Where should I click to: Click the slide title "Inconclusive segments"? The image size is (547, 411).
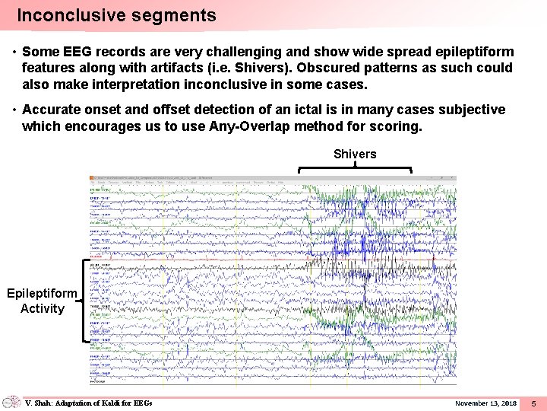point(116,15)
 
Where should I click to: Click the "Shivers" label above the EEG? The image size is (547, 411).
point(355,155)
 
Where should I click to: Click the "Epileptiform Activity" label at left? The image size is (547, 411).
point(43,301)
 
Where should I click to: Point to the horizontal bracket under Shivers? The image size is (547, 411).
point(355,167)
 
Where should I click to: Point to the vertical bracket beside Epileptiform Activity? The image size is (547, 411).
point(82,301)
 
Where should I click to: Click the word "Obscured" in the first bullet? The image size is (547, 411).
point(328,68)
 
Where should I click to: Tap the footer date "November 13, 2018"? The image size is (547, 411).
point(485,403)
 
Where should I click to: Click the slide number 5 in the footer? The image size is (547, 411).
point(533,403)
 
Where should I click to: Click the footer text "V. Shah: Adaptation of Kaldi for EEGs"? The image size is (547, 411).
point(89,403)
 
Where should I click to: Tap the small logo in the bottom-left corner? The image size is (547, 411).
point(11,402)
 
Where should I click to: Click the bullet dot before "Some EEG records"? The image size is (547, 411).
point(14,53)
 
